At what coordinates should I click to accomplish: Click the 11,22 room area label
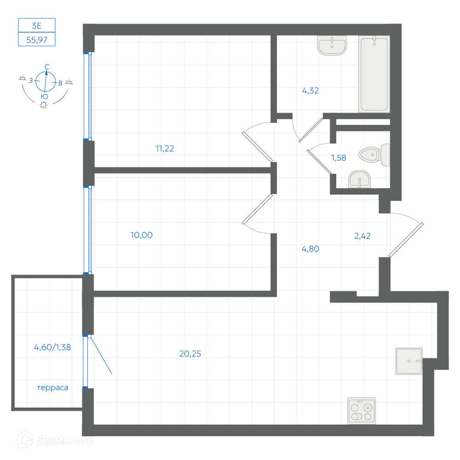click(165, 149)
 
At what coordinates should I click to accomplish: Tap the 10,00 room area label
click(141, 235)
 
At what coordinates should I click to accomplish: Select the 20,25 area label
click(190, 354)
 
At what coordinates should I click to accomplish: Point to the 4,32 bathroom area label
click(310, 91)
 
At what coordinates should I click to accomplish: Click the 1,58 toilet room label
click(339, 158)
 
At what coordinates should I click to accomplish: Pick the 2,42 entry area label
click(362, 236)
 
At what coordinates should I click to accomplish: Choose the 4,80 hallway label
click(310, 249)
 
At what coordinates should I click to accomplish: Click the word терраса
click(52, 388)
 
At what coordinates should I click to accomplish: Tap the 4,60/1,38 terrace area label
click(52, 347)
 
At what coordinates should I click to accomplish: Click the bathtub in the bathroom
click(374, 74)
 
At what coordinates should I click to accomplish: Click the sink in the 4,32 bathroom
click(332, 46)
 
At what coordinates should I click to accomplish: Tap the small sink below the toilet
click(359, 179)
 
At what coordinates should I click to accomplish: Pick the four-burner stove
click(362, 411)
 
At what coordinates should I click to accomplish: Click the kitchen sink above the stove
click(409, 361)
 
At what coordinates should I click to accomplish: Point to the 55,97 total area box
click(37, 39)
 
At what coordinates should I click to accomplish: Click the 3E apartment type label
click(37, 26)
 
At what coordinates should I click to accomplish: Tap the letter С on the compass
click(47, 67)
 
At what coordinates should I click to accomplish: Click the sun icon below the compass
click(44, 105)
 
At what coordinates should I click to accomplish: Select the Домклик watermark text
click(65, 440)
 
